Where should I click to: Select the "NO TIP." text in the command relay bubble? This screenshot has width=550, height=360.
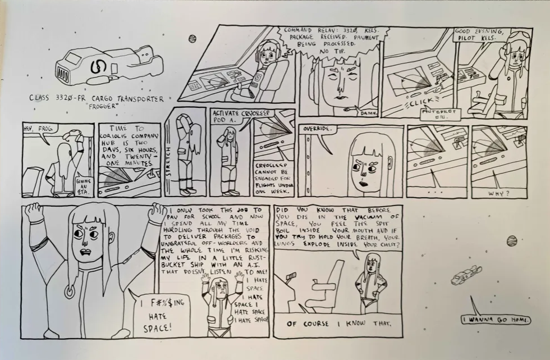tap(324, 51)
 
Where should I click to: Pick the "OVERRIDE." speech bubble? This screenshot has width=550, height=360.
tap(315, 130)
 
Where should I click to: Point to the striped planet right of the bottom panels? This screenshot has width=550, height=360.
tap(511, 241)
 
